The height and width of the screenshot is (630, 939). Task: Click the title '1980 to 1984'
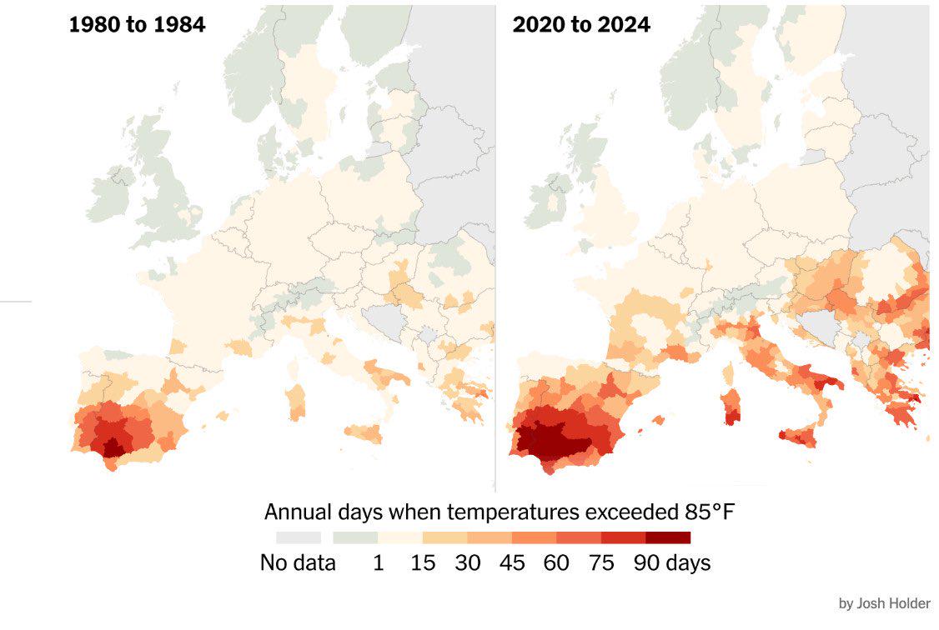[137, 24]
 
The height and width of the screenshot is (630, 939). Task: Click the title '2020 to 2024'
[581, 24]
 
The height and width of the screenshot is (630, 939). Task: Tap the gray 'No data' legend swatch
[298, 537]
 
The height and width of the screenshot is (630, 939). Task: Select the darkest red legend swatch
[668, 537]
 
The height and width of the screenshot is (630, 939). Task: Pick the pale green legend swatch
[355, 537]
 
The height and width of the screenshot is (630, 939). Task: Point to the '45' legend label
[512, 562]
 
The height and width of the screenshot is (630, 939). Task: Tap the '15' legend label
[423, 562]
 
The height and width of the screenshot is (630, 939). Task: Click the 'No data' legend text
[298, 562]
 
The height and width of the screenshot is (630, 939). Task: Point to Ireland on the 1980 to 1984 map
[109, 194]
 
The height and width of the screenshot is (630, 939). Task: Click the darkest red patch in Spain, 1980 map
[113, 447]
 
